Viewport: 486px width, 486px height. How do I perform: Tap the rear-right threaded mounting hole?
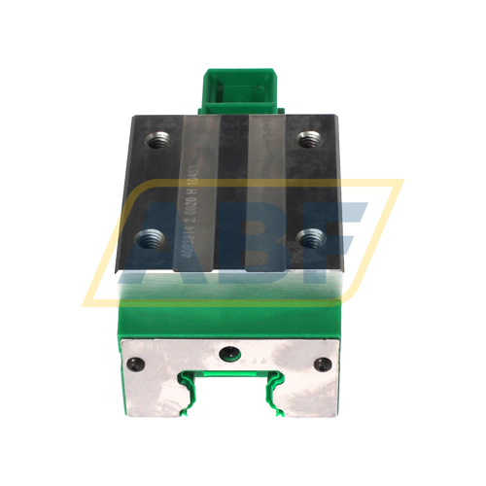pos(309,139)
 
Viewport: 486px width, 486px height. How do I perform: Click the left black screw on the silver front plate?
pos(134,363)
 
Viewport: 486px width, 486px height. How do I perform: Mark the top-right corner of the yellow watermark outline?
pos(401,181)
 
